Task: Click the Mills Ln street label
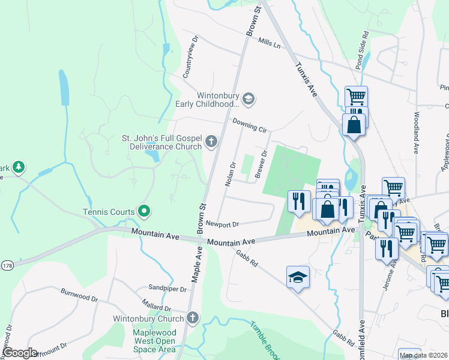270,43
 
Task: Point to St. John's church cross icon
211,142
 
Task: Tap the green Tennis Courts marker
144,211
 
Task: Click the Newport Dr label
223,224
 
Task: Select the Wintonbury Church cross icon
192,317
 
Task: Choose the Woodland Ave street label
415,133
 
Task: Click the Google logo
19,353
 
